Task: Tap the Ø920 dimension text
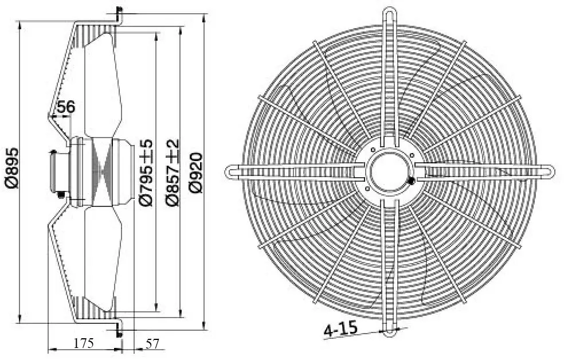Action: [x=196, y=173]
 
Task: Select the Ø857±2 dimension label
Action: [x=173, y=173]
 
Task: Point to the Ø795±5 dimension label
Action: [x=146, y=173]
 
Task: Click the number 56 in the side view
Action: [x=66, y=107]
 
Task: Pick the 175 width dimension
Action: [x=84, y=343]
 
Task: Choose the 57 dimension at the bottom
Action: [x=151, y=344]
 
